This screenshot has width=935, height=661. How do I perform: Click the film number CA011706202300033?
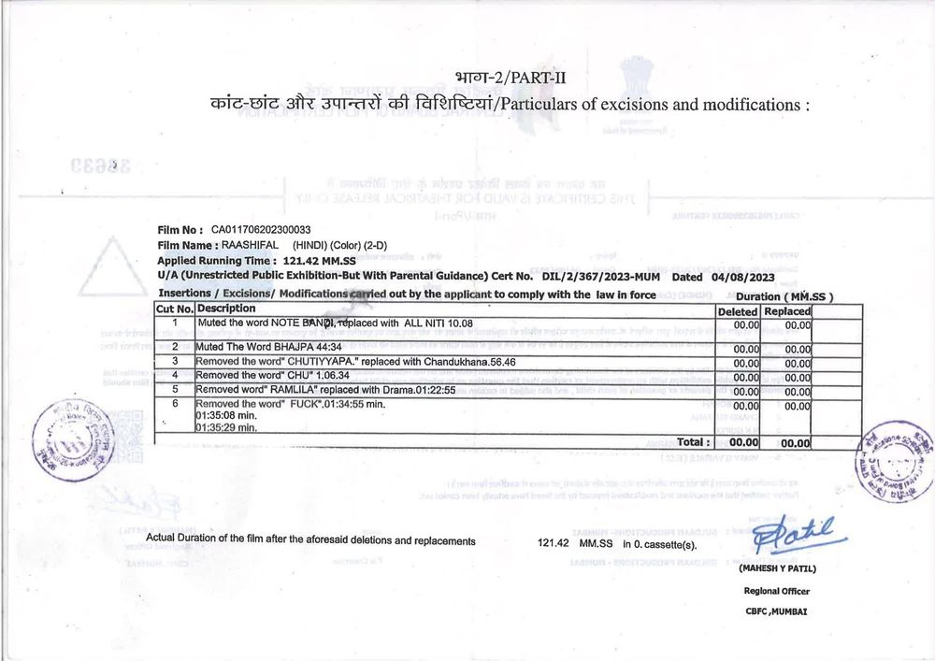[x=261, y=229]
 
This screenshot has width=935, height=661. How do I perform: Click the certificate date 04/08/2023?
[x=743, y=277]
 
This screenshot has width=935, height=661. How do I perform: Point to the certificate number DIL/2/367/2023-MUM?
[x=603, y=277]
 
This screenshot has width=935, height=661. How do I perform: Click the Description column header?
[x=226, y=309]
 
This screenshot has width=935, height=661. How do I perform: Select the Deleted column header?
[x=738, y=310]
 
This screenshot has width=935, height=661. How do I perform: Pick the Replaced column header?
[x=786, y=310]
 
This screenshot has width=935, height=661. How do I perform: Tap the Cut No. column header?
[x=175, y=309]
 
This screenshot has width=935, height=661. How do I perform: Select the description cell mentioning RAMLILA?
[x=325, y=389]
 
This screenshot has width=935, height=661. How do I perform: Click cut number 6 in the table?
[x=174, y=403]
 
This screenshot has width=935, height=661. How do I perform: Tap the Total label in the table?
[x=693, y=441]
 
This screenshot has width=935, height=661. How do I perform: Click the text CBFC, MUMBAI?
[x=776, y=611]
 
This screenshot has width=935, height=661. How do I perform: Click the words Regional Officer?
[x=776, y=591]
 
